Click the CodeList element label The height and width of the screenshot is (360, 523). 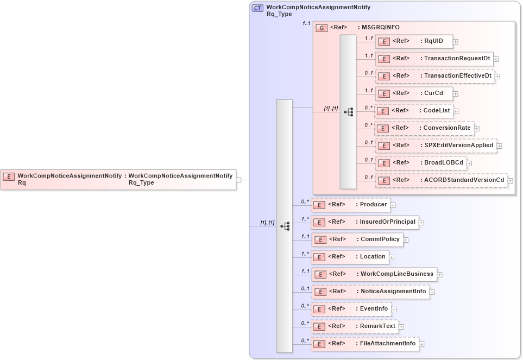[x=438, y=111]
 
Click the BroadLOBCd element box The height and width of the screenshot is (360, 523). [x=421, y=163]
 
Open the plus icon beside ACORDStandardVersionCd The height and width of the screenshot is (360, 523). [x=510, y=181]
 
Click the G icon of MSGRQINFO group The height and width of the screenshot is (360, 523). [x=322, y=28]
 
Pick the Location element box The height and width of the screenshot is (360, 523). [x=350, y=257]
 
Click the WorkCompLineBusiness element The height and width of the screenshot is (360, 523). [x=374, y=274]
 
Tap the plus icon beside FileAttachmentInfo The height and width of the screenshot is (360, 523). [x=422, y=344]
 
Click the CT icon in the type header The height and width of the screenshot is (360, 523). [x=258, y=8]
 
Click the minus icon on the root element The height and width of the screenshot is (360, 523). [x=239, y=180]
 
